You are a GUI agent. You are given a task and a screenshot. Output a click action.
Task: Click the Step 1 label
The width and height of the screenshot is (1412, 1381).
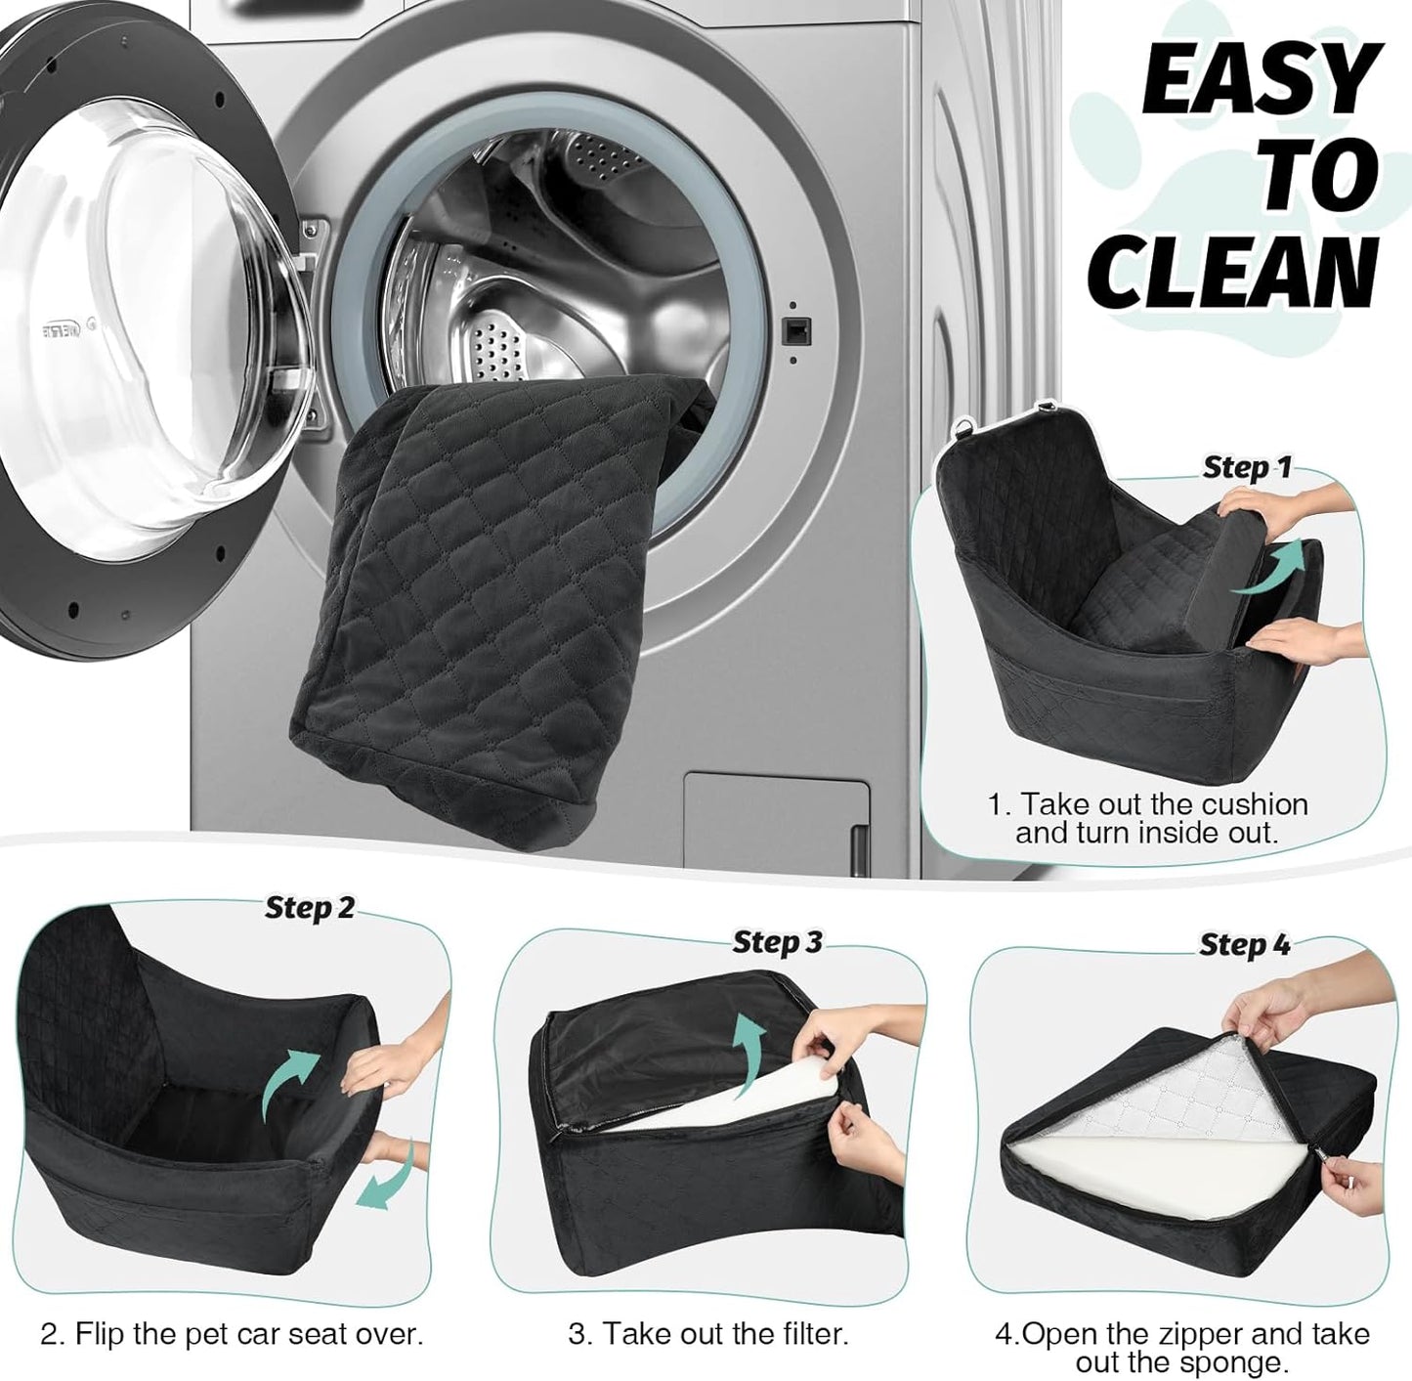(1246, 467)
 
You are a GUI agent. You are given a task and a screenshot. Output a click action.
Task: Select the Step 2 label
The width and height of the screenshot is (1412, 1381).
(310, 908)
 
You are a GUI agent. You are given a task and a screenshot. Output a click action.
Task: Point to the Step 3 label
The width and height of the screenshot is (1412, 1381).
(777, 942)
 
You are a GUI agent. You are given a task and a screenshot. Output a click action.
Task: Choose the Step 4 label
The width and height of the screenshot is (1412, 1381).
(1244, 945)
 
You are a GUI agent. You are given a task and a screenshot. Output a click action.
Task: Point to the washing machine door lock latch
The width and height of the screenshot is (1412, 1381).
(793, 331)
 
